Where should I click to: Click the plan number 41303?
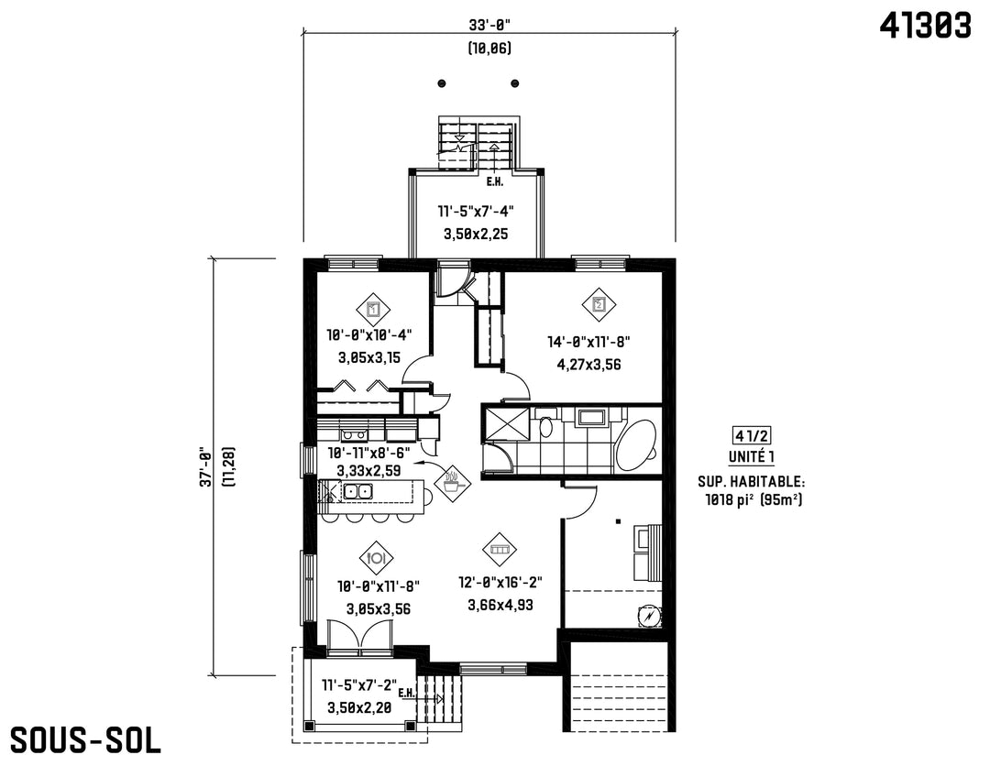click(x=925, y=26)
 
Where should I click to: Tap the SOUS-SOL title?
click(x=85, y=739)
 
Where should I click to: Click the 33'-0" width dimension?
click(x=489, y=26)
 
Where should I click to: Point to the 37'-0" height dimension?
click(x=205, y=467)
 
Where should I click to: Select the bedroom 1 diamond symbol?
click(x=373, y=310)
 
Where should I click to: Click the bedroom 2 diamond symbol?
click(x=599, y=305)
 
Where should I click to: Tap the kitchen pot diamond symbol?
click(x=452, y=484)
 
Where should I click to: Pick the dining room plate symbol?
click(x=377, y=558)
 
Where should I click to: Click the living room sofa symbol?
click(x=500, y=550)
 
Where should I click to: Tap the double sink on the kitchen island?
click(x=357, y=491)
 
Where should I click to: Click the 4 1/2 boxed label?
click(x=752, y=434)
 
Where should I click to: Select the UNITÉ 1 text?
click(x=752, y=457)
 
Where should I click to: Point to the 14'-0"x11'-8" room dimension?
click(x=588, y=342)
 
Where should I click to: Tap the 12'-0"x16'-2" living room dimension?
click(x=500, y=582)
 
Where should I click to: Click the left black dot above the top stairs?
click(x=442, y=83)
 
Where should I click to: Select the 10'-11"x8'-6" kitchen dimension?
click(x=368, y=453)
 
